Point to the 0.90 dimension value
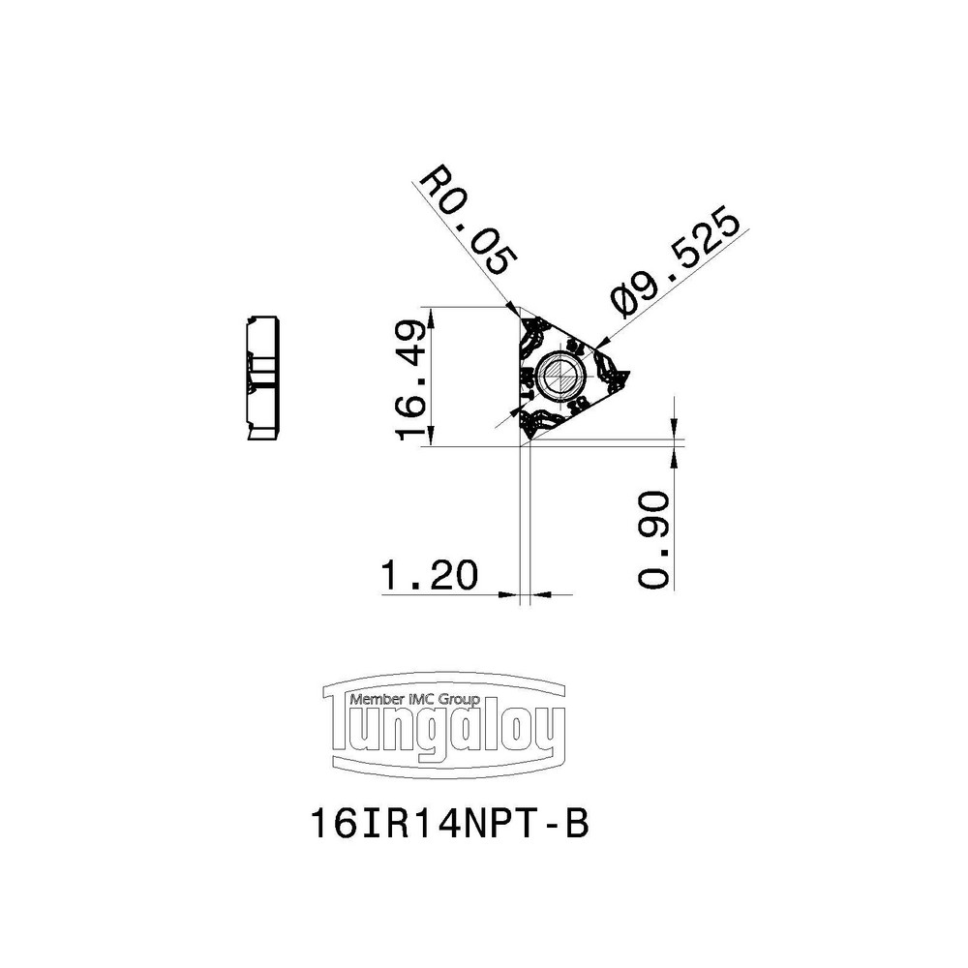(655, 540)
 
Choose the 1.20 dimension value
(431, 577)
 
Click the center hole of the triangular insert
(560, 375)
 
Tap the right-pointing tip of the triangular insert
(627, 375)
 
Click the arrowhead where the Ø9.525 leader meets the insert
(599, 341)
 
